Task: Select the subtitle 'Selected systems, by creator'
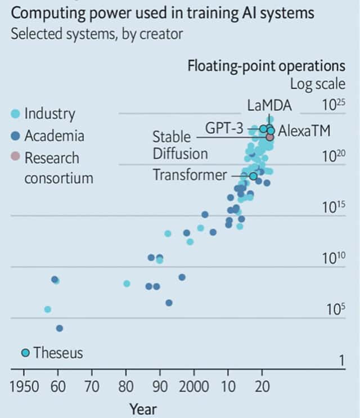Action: [97, 34]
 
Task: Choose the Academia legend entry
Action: [47, 136]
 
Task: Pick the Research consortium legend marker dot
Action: [16, 158]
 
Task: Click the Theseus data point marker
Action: [25, 353]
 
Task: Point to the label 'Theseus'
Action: [58, 353]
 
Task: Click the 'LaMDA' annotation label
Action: [269, 106]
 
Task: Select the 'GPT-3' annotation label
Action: [223, 128]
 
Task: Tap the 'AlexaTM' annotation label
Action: [304, 130]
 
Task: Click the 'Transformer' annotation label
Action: [190, 175]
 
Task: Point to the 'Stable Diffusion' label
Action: [179, 145]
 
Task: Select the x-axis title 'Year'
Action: [143, 408]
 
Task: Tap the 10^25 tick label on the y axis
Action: [333, 105]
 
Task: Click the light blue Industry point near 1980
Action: [127, 284]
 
